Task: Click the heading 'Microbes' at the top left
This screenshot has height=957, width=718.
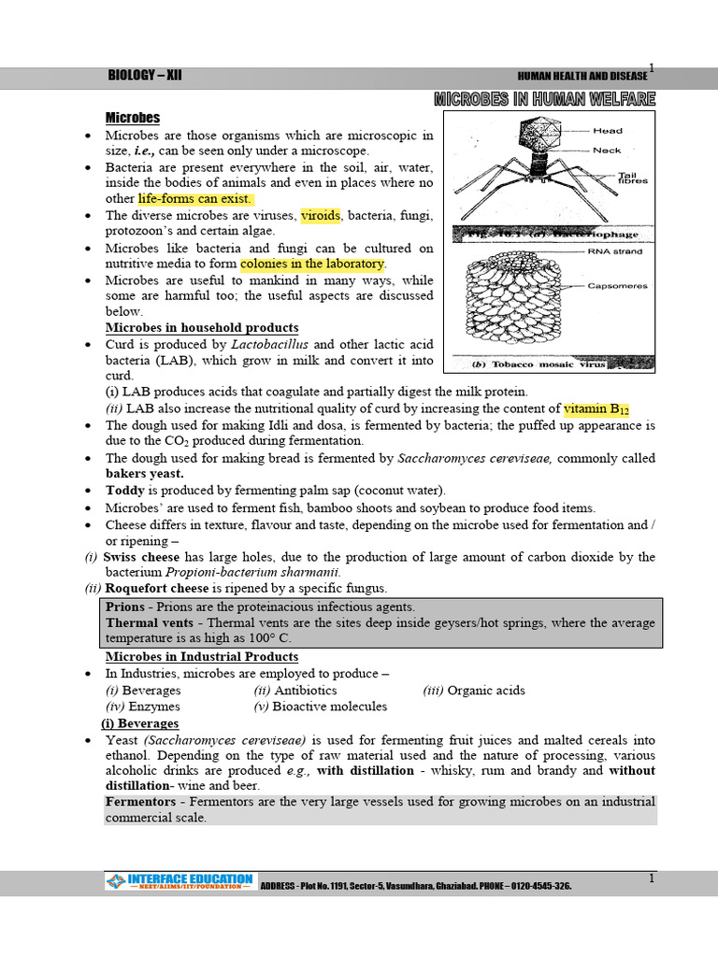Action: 132,118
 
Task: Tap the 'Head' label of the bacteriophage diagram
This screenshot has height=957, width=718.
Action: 608,131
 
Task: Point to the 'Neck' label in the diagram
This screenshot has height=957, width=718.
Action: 607,150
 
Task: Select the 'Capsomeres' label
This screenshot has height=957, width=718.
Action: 616,286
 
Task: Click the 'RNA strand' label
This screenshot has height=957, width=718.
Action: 613,252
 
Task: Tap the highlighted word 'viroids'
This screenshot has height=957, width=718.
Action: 322,215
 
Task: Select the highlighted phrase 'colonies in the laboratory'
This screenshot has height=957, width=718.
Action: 312,264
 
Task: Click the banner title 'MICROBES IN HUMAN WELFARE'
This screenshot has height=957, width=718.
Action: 544,99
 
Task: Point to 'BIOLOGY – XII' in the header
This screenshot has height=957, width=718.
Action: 145,76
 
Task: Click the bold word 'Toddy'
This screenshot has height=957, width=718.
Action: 125,491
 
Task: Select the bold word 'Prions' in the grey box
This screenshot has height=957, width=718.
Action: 125,607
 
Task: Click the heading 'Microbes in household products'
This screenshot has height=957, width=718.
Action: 202,328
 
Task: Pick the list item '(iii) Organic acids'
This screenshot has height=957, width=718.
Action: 474,691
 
